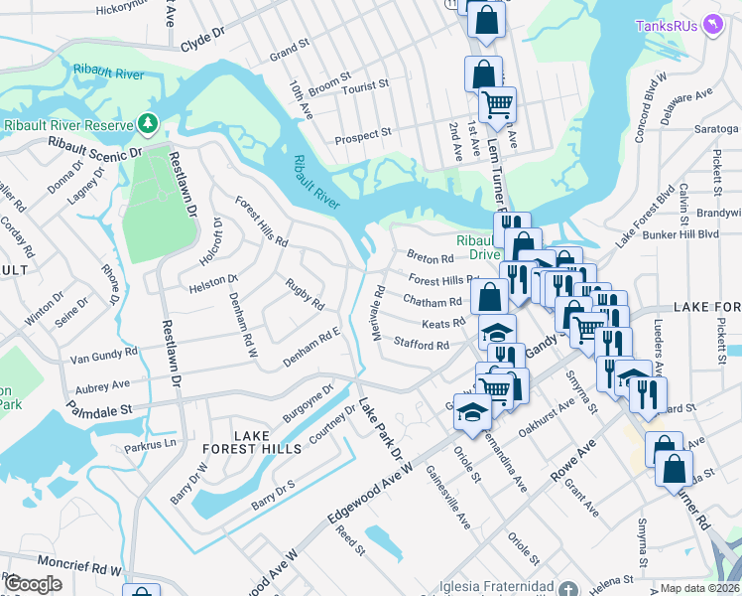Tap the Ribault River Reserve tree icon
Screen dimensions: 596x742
148,123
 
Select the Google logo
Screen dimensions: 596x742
34,584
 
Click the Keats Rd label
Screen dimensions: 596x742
443,324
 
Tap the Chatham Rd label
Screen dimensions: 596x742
433,301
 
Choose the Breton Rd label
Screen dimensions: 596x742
430,257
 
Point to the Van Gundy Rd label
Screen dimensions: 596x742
103,355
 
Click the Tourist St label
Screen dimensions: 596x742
365,87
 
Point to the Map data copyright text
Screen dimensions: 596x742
700,588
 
